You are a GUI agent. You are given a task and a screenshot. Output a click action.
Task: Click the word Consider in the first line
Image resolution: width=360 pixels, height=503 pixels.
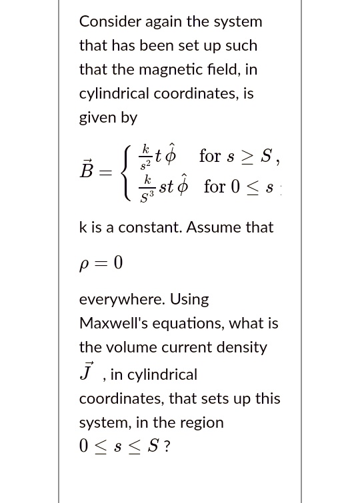(110, 21)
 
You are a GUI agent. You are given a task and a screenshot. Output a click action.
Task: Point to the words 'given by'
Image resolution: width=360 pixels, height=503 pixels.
(108, 118)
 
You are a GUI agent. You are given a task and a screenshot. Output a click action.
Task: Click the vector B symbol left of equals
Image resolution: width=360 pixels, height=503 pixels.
(87, 171)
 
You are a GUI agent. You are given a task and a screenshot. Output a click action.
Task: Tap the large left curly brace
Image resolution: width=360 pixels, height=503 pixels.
(123, 171)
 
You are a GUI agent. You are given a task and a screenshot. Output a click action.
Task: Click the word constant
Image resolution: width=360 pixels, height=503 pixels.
(151, 227)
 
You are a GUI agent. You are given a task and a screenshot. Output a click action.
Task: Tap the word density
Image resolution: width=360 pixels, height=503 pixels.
(238, 348)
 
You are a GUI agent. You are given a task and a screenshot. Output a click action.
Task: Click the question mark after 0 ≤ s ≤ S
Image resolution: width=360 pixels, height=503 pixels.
(166, 446)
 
